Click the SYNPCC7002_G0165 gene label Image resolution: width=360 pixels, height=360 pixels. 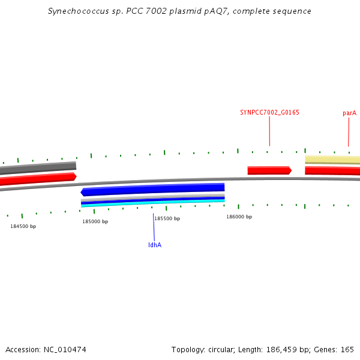[x=269, y=113]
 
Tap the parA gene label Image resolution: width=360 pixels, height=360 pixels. [x=349, y=113]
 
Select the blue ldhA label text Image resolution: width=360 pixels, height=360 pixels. [x=155, y=245]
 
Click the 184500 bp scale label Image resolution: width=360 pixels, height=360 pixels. [x=23, y=226]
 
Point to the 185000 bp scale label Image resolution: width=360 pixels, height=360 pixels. [x=95, y=221]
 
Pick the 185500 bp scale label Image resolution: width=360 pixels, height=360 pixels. [x=167, y=218]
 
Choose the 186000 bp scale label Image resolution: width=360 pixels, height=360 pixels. [x=239, y=217]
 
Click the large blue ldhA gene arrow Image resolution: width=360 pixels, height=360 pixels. [x=152, y=190]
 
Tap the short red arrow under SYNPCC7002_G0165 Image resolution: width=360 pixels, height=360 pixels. [x=269, y=170]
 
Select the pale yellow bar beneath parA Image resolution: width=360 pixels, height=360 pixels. [x=332, y=160]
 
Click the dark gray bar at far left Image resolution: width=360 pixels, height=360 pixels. [x=38, y=168]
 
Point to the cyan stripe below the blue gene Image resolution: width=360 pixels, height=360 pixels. [x=153, y=203]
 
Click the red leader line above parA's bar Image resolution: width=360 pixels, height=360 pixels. [x=349, y=132]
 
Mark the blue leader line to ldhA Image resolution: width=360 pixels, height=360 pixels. [x=154, y=227]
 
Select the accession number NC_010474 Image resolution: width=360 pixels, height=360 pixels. [x=65, y=350]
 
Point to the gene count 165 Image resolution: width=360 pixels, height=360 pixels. [x=347, y=350]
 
